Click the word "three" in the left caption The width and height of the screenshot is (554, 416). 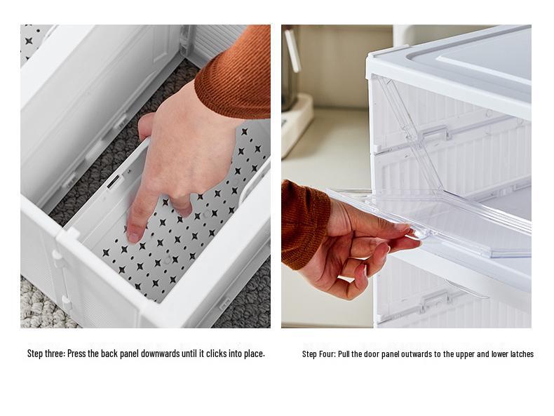coord(53,354)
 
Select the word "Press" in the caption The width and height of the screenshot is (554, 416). coord(78,354)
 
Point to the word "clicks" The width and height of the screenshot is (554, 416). coord(217,354)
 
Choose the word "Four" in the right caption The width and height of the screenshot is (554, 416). coord(326,354)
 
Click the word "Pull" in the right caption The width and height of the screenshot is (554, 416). coord(345,354)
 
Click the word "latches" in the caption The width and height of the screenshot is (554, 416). coord(520,354)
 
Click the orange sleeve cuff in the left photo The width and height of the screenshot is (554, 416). coord(231,77)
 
